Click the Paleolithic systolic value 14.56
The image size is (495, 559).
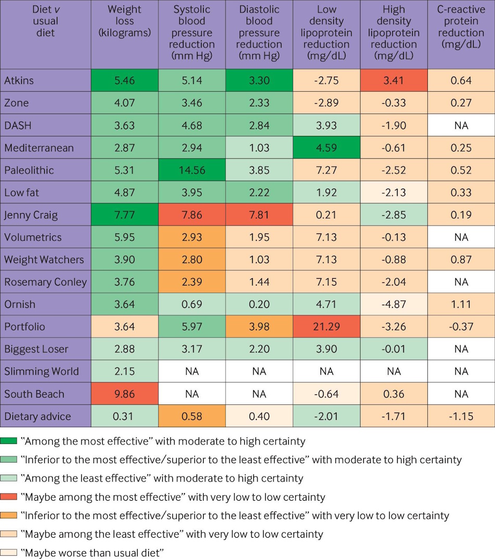pos(192,170)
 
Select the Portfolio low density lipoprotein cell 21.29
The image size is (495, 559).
pos(326,327)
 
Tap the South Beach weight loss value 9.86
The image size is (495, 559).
pos(125,394)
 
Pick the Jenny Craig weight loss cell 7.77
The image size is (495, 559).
pos(125,215)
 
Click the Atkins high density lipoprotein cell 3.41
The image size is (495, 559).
pos(393,80)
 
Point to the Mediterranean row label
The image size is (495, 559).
pos(39,148)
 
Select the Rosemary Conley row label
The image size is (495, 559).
pos(45,282)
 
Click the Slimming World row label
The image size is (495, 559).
pos(42,371)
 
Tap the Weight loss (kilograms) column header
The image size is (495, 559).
pos(125,21)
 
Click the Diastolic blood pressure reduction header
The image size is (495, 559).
pos(259,32)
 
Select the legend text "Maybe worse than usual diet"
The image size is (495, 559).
pos(93,552)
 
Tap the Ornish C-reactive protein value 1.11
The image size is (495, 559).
pos(461,304)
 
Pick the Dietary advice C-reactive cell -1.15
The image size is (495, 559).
pos(461,416)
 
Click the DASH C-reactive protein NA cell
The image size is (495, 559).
pos(461,125)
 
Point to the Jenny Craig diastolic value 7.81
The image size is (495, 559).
pos(259,215)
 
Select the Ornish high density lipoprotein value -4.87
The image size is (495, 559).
pos(393,304)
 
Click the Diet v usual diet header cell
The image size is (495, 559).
pos(45,21)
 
